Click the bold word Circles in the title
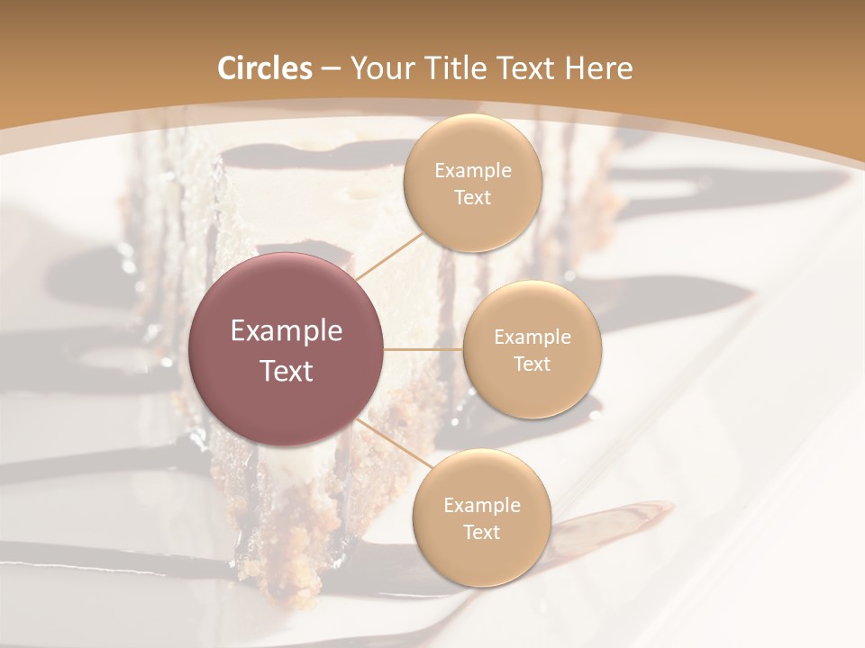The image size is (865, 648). tap(265, 68)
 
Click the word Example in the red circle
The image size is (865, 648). tap(287, 331)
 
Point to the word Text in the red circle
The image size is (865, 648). tap(287, 371)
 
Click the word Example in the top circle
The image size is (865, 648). tap(473, 171)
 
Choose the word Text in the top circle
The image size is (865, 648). tap(472, 198)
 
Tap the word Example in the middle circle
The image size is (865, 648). tap(533, 337)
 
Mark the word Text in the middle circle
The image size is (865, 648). tap(532, 364)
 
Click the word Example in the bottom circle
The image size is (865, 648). tap(482, 506)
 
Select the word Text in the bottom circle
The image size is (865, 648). tap(481, 533)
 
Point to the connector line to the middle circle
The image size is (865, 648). tap(423, 349)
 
